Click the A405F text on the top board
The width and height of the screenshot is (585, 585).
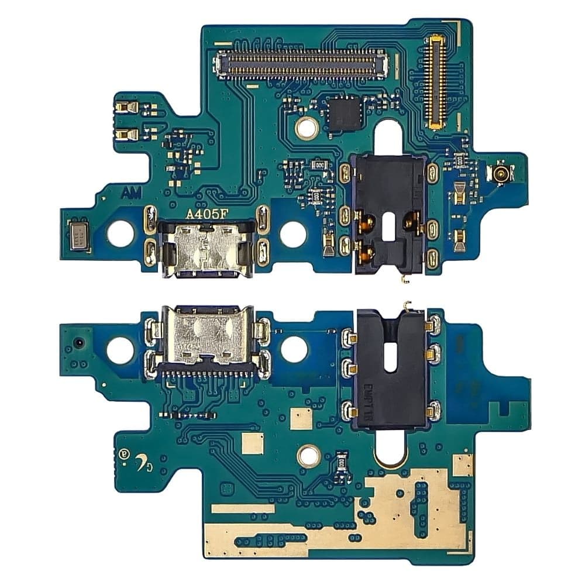[x=202, y=214]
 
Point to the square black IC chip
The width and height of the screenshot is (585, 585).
[x=343, y=115]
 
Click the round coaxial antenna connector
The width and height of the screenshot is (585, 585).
[x=501, y=174]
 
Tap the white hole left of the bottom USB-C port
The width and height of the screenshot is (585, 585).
[x=120, y=350]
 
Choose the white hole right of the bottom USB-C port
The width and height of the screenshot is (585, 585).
[x=294, y=349]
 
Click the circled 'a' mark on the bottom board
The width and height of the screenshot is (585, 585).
[x=123, y=453]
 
